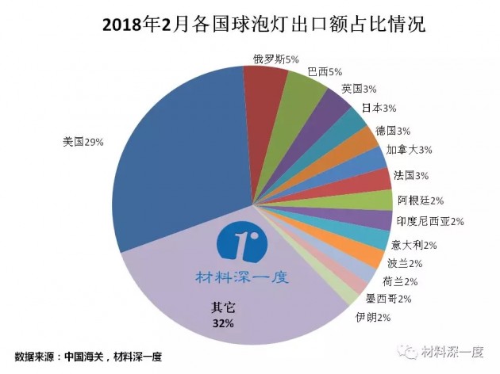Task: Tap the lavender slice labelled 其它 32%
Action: coord(238,309)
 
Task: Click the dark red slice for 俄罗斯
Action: coord(260,87)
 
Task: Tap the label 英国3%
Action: coord(358,89)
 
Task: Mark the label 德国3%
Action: coord(392,130)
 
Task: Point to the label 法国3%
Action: coord(410,174)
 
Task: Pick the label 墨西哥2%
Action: coord(388,299)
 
